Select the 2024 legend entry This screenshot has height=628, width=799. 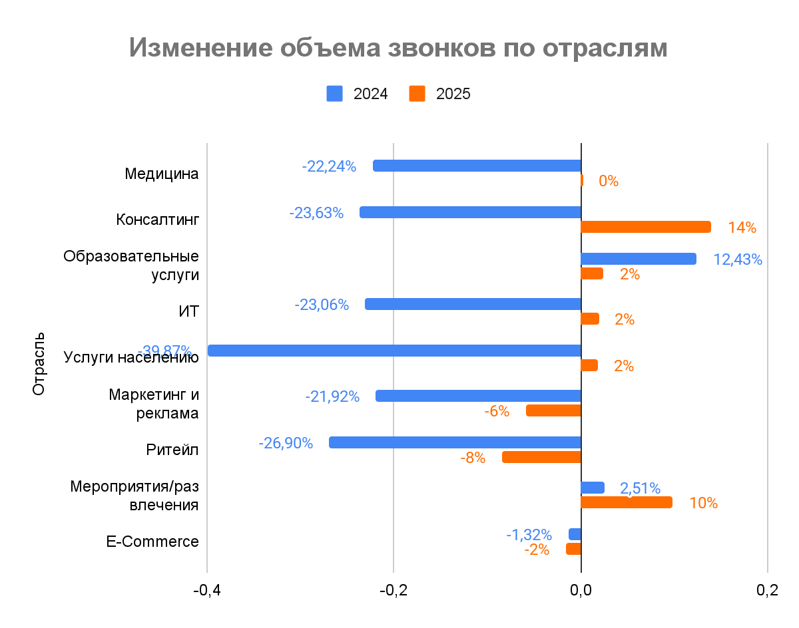click(357, 94)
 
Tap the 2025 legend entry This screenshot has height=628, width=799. click(439, 94)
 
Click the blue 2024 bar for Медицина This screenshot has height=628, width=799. click(477, 166)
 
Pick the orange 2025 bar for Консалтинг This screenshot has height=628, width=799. click(645, 227)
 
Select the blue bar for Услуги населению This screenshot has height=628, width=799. click(394, 351)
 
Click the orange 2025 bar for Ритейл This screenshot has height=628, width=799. click(541, 457)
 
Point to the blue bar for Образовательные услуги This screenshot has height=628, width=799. click(638, 259)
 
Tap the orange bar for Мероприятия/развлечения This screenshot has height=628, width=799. click(626, 502)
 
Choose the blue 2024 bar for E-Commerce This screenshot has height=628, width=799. click(575, 534)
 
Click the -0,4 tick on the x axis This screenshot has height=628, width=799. click(207, 591)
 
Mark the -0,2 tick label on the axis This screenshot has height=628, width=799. click(394, 591)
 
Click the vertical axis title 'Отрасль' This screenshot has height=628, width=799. click(39, 363)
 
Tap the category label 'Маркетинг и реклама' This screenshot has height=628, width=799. click(154, 404)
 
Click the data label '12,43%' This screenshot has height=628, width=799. click(737, 259)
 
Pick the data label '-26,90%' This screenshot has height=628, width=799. click(286, 443)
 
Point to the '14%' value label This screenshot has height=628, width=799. click(742, 228)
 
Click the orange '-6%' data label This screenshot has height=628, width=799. click(497, 411)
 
